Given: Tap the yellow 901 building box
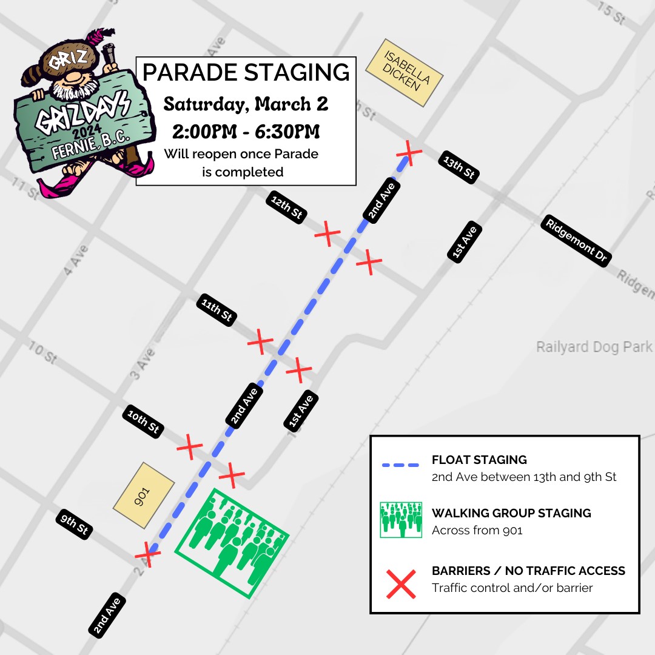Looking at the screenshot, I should coord(144,494).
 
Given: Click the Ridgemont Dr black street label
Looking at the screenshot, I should coord(576,240).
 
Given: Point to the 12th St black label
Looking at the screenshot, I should coord(287,207).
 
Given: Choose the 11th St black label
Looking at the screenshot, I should coord(217,310).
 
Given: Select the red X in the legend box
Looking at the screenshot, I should coord(401,584).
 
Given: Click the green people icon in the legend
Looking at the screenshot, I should coord(401,520).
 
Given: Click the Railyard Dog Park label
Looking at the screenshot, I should coord(594,347).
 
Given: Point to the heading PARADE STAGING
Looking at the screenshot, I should coord(246,72).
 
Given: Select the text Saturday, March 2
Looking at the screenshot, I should coord(246,104).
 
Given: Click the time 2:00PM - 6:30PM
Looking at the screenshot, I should coord(246,132).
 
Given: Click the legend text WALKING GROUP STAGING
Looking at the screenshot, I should coord(511,513).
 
